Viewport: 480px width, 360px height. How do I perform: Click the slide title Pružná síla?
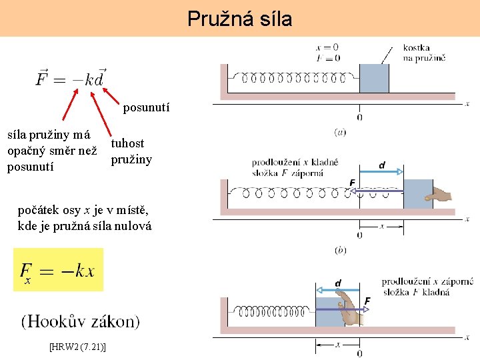click(x=239, y=19)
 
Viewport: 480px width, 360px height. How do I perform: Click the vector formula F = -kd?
click(x=71, y=77)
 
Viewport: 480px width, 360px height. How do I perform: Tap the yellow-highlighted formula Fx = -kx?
click(x=58, y=270)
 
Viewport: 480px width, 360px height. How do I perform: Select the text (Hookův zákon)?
click(x=81, y=322)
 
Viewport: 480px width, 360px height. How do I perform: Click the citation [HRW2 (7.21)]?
click(x=79, y=347)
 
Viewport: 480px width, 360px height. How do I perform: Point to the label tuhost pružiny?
click(x=131, y=151)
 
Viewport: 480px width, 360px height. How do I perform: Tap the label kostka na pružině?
click(x=424, y=53)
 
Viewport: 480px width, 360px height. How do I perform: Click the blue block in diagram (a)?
click(x=374, y=79)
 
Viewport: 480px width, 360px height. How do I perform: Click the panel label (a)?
click(x=340, y=132)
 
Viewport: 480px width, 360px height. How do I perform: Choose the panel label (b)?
click(x=340, y=250)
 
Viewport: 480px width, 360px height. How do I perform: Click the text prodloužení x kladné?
click(x=295, y=162)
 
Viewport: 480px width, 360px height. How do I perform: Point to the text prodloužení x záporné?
click(x=427, y=281)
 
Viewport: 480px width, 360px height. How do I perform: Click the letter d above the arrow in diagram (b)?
click(x=381, y=165)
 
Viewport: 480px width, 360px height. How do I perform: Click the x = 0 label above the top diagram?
click(x=327, y=47)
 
